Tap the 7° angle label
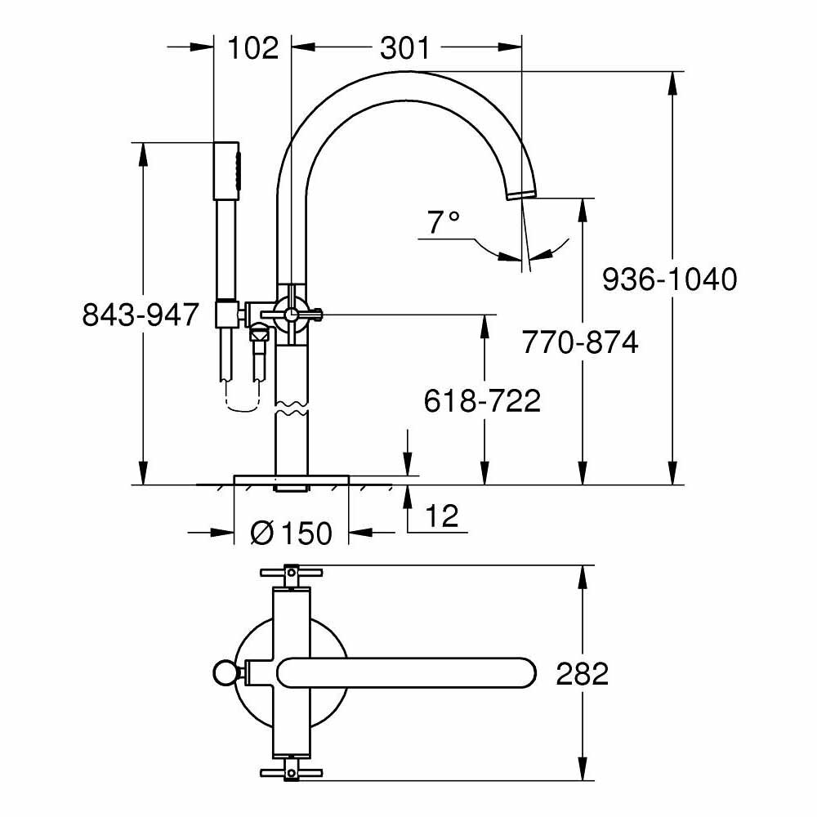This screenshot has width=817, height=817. click(x=444, y=221)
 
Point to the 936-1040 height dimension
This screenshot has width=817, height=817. click(x=669, y=279)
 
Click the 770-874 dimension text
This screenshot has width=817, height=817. click(x=580, y=342)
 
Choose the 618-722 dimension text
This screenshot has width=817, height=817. click(x=482, y=400)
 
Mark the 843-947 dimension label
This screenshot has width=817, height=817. click(x=141, y=314)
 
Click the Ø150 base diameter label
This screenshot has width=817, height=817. click(x=291, y=534)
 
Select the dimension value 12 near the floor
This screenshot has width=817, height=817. click(x=440, y=516)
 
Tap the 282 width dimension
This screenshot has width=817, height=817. click(x=582, y=674)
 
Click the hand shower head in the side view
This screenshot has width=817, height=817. click(x=228, y=170)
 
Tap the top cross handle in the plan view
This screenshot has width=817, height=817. click(x=291, y=574)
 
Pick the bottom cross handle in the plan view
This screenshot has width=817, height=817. click(x=291, y=772)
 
